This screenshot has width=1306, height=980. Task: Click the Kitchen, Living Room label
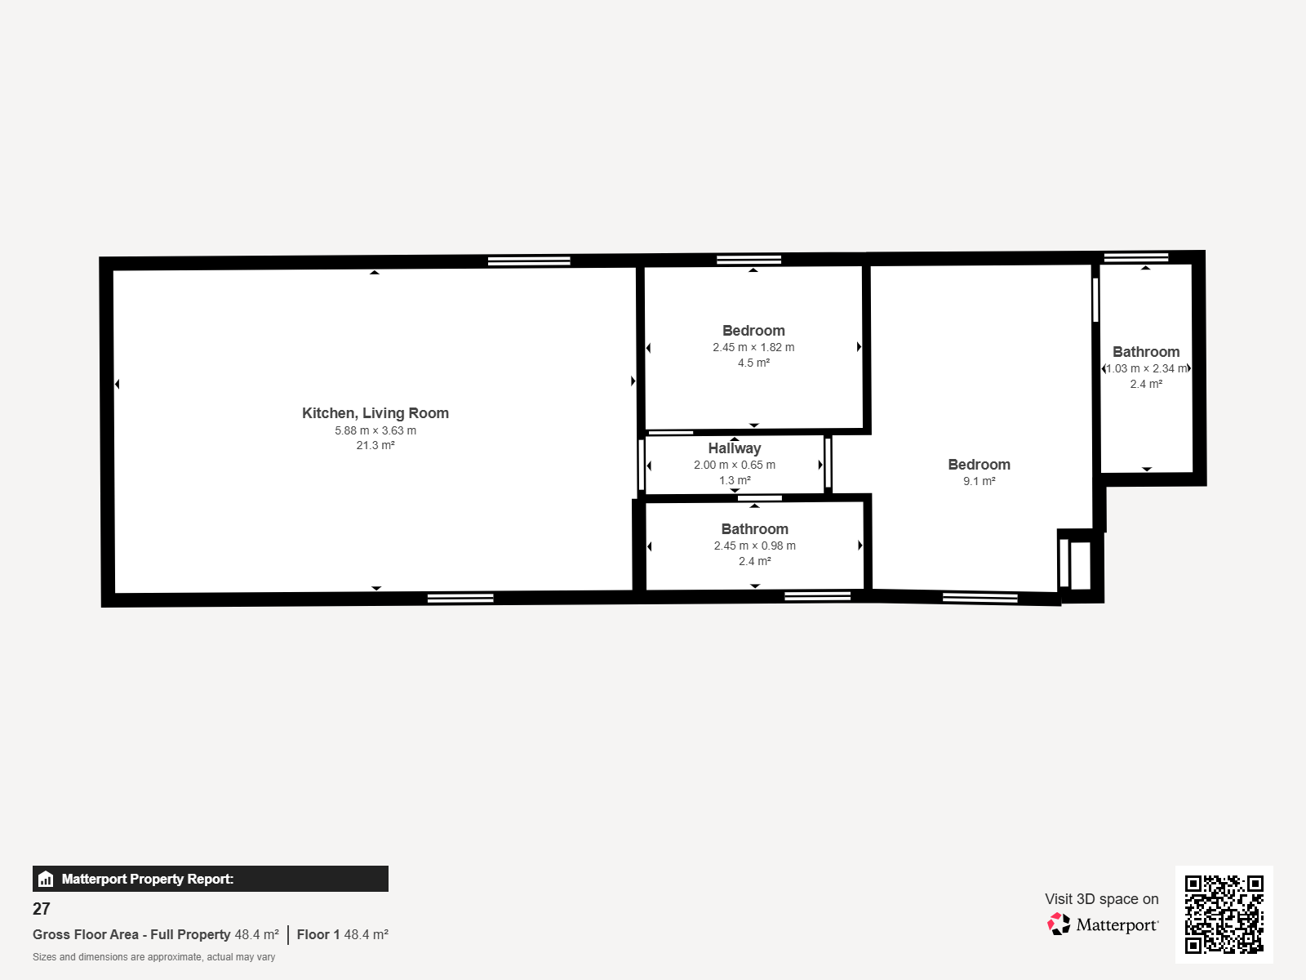click(375, 413)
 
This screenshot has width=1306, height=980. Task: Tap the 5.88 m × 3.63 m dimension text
click(375, 430)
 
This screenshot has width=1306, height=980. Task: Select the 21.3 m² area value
click(375, 445)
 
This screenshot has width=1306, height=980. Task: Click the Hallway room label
click(734, 448)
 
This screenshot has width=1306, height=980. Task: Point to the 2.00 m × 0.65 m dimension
click(734, 465)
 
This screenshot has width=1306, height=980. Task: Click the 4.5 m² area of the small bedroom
click(753, 363)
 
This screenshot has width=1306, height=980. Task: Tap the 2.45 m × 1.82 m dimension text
click(753, 347)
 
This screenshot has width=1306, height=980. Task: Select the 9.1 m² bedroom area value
click(979, 481)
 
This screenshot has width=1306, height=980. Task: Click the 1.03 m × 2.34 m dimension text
click(1146, 368)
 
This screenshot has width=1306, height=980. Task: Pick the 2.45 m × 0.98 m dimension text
click(754, 546)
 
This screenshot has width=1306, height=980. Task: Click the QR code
click(1224, 914)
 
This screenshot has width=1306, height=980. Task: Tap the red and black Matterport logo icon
click(1059, 924)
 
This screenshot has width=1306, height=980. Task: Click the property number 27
click(41, 909)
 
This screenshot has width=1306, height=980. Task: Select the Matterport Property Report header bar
click(210, 878)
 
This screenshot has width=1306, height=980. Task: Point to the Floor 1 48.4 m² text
click(342, 934)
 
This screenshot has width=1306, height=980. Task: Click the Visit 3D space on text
click(1101, 898)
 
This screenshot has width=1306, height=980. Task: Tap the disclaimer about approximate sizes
click(153, 957)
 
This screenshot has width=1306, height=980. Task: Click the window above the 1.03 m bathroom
click(1136, 257)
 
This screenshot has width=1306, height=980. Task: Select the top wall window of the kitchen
click(529, 261)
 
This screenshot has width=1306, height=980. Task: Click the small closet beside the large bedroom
click(1080, 564)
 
